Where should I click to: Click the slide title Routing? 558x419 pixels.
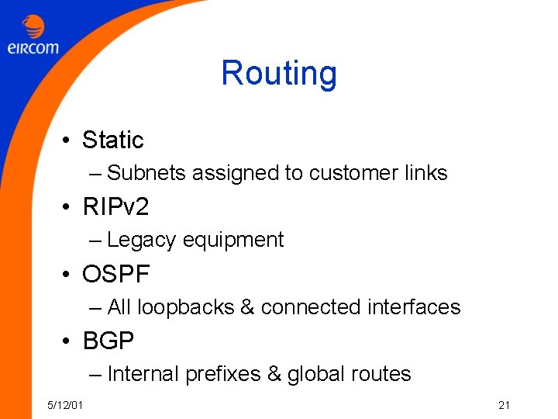point(279,74)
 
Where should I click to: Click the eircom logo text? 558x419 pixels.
point(33,48)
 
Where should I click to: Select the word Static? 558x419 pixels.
point(113,140)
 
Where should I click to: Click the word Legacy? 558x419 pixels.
point(142,241)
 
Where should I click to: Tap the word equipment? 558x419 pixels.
point(233,241)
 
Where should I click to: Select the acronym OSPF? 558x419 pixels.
point(116,274)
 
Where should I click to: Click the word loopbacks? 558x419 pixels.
point(186,307)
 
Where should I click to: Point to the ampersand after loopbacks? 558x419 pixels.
point(248,307)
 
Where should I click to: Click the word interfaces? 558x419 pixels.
point(414,307)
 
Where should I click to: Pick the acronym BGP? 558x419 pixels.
point(108,341)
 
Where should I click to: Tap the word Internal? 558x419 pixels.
point(143,374)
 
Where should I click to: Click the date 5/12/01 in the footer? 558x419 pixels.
point(67,404)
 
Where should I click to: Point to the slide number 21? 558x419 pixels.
point(504,404)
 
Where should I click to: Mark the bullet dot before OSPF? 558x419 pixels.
point(69,275)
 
